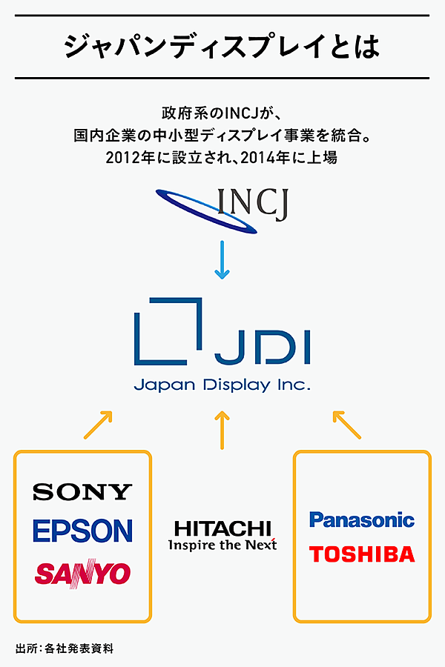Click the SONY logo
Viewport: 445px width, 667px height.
click(82, 491)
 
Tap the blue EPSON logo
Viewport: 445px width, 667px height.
click(82, 531)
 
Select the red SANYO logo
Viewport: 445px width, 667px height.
click(82, 572)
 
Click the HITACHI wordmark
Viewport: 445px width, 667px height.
click(222, 528)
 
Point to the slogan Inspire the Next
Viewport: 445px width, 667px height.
click(222, 545)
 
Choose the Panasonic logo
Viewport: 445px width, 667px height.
click(362, 520)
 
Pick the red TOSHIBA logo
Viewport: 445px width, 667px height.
click(362, 554)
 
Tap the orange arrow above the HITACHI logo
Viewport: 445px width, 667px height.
click(222, 431)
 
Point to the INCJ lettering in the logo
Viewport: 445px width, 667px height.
click(253, 204)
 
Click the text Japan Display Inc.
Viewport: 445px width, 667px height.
click(222, 386)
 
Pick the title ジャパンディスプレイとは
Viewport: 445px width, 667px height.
click(222, 47)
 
